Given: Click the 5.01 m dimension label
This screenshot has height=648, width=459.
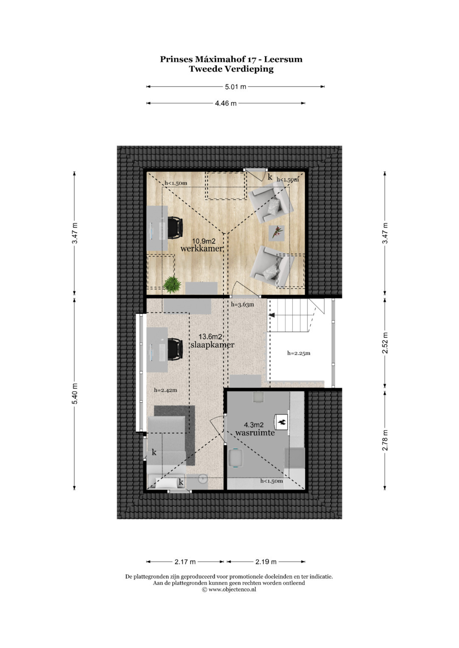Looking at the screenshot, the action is pos(235,87).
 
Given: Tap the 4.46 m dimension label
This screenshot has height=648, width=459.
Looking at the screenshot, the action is pos(226,103).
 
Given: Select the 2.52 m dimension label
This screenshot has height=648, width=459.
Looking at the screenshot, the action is pos(385,343).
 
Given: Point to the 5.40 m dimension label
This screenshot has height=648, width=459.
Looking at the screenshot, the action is pos(75,393).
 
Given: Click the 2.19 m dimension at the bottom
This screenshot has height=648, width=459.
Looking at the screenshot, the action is pos(266,562).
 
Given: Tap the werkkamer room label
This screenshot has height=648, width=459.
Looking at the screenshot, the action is pos(201,248).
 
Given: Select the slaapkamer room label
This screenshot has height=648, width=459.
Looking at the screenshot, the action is pos(212,345).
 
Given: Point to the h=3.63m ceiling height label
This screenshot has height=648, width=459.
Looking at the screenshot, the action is pos(242,304).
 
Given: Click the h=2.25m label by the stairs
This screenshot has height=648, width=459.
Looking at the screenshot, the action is pos(299,353).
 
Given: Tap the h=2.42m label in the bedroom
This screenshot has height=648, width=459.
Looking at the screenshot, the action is pos(165,390).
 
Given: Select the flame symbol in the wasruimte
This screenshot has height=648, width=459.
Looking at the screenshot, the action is pos(282,423).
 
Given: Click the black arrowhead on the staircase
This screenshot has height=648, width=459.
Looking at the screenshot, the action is pos(272,315).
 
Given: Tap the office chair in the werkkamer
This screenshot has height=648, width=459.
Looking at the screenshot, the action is pos(175,227).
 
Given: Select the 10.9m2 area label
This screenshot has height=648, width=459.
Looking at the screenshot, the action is pos(204,241).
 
